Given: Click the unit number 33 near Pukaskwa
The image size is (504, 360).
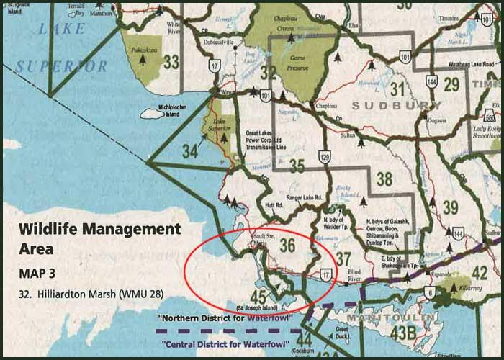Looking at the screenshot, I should (171, 62).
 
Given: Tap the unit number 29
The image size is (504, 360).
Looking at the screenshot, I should (451, 85).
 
